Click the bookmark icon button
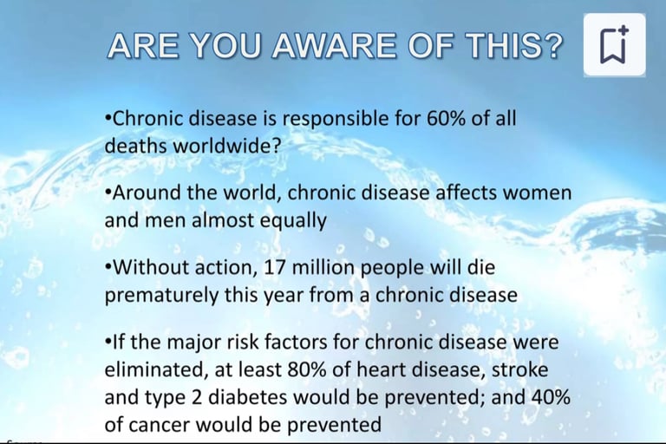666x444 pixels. (x=614, y=44)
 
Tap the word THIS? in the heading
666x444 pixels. (x=514, y=45)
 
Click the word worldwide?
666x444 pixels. (x=227, y=147)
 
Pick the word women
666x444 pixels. (x=538, y=193)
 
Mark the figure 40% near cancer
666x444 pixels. (x=550, y=397)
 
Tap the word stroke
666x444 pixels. (x=520, y=369)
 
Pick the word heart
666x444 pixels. (x=377, y=369)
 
